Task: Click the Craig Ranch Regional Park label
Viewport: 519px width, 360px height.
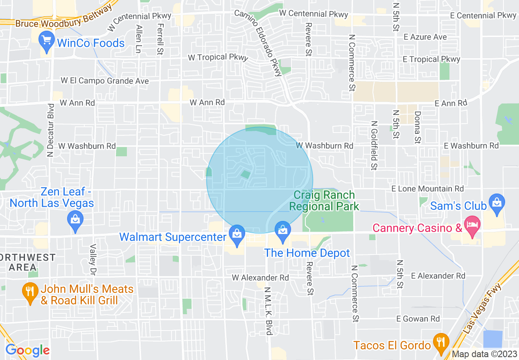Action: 324,200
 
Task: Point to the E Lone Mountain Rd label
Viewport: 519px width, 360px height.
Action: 427,189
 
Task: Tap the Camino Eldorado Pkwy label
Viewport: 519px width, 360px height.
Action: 259,43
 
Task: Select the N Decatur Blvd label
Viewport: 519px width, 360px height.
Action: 51,130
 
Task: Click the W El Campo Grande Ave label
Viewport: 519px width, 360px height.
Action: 105,81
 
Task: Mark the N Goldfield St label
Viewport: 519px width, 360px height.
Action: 374,145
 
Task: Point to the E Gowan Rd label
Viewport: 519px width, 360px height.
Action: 417,319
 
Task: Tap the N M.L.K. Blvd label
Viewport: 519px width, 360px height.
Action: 268,311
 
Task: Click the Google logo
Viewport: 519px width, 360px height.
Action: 27,350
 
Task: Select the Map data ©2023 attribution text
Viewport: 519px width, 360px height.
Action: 484,354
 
